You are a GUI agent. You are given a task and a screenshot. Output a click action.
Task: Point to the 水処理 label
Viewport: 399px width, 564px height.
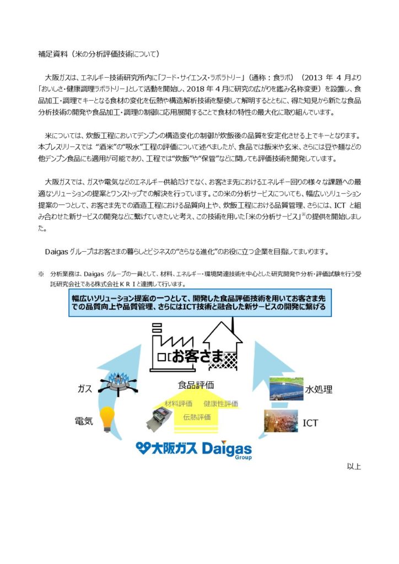point(319,389)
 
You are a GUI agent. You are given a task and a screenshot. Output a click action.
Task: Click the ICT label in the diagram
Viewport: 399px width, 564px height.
point(311,423)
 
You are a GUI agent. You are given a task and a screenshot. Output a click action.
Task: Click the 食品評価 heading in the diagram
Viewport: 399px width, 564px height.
point(196,384)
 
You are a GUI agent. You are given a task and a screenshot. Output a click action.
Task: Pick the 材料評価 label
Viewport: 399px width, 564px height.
point(179,404)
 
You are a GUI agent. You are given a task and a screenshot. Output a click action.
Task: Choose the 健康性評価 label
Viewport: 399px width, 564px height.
point(220,404)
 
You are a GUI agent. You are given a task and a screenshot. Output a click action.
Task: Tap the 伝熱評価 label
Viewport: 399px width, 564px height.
point(197,417)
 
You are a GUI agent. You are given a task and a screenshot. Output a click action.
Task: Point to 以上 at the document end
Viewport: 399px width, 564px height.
point(353,467)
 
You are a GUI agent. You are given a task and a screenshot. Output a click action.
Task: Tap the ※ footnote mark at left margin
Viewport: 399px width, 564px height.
point(40,274)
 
